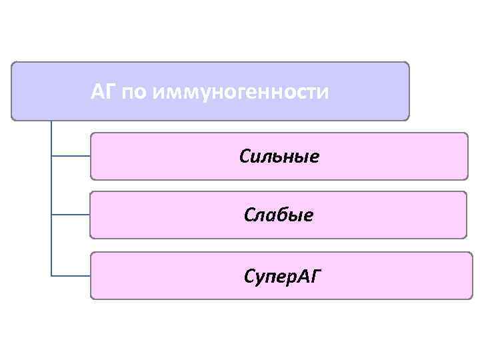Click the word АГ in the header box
pyautogui.click(x=103, y=91)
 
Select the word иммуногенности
pyautogui.click(x=241, y=92)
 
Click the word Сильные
pyautogui.click(x=279, y=157)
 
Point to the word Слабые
pyautogui.click(x=279, y=215)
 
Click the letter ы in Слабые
pyautogui.click(x=295, y=216)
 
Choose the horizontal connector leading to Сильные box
pyautogui.click(x=71, y=156)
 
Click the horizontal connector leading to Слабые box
pyautogui.click(x=71, y=215)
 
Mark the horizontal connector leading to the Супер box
pyautogui.click(x=71, y=275)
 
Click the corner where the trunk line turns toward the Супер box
pyautogui.click(x=51, y=275)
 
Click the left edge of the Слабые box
pyautogui.click(x=91, y=215)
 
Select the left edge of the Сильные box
pyautogui.click(x=91, y=156)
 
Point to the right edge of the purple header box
pyautogui.click(x=409, y=91)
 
